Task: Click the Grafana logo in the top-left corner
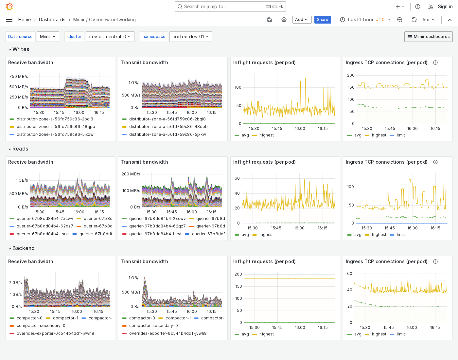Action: (x=9, y=7)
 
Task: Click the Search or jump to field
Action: (x=222, y=7)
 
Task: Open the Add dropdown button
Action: (x=302, y=20)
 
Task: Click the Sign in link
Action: (x=445, y=7)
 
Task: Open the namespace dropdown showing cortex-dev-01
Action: (x=190, y=37)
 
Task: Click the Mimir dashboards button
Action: (x=428, y=37)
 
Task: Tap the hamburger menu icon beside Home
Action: (x=9, y=20)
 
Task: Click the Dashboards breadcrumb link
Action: (x=52, y=20)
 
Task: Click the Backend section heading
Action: (x=23, y=248)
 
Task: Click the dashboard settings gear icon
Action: (x=284, y=20)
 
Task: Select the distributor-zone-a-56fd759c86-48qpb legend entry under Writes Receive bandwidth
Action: (x=56, y=127)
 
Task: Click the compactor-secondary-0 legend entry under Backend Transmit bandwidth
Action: (x=153, y=326)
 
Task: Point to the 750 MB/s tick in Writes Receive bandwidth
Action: (x=19, y=77)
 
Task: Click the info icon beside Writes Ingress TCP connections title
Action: (x=435, y=63)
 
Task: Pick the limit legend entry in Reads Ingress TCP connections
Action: (x=400, y=235)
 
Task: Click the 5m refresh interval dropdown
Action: (x=428, y=20)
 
